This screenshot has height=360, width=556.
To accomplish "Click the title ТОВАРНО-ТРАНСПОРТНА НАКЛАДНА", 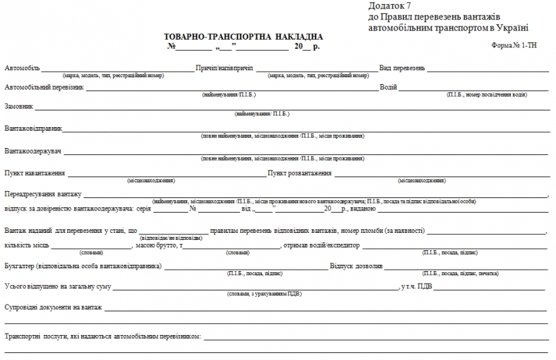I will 243,36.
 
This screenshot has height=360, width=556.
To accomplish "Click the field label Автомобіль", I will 22,69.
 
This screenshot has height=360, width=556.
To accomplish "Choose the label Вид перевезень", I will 402,69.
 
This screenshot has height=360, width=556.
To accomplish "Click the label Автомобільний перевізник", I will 44,88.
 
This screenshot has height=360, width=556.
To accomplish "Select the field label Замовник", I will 18,107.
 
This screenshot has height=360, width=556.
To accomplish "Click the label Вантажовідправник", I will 33,129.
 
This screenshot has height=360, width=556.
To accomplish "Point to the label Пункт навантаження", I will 35,173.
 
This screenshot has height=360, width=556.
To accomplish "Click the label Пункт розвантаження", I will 300,173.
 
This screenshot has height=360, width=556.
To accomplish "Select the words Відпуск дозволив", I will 356,267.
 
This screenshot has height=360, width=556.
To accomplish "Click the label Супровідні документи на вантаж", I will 54,306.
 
